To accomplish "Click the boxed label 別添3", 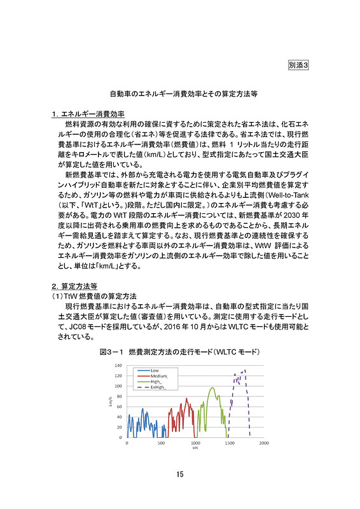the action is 298,64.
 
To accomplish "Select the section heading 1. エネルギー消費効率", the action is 88,115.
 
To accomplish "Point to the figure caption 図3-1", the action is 180,351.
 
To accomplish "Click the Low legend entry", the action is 155,370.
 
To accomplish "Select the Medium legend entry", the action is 158,375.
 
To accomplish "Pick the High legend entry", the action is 155,381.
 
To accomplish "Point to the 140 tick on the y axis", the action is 118,366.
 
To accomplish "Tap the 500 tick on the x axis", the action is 161,443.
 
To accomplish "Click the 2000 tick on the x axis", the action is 264,443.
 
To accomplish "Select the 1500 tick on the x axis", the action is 230,443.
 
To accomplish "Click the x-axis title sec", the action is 195,448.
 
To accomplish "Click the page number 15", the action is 180,474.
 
